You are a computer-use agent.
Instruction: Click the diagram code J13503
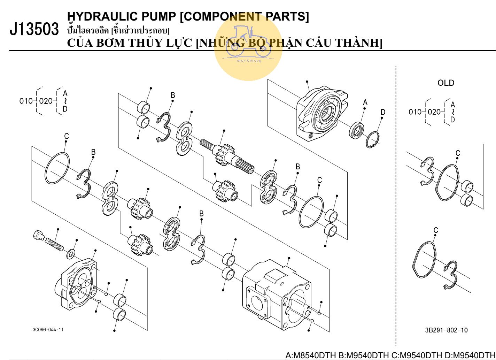(x=34, y=30)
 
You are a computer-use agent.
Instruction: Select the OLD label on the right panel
(x=446, y=83)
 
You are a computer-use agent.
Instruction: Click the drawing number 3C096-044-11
(x=48, y=329)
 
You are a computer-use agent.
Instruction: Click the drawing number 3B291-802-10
(x=446, y=330)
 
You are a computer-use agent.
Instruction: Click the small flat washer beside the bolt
(x=71, y=253)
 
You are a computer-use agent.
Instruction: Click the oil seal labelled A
(x=357, y=130)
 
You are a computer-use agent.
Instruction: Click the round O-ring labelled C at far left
(x=57, y=168)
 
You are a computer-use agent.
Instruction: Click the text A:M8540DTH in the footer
(x=311, y=355)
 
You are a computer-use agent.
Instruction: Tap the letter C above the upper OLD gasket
(x=458, y=153)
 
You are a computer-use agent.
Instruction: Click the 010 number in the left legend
(x=26, y=101)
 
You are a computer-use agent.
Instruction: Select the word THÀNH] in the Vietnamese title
(x=358, y=43)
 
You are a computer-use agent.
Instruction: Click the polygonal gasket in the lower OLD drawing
(x=424, y=260)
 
